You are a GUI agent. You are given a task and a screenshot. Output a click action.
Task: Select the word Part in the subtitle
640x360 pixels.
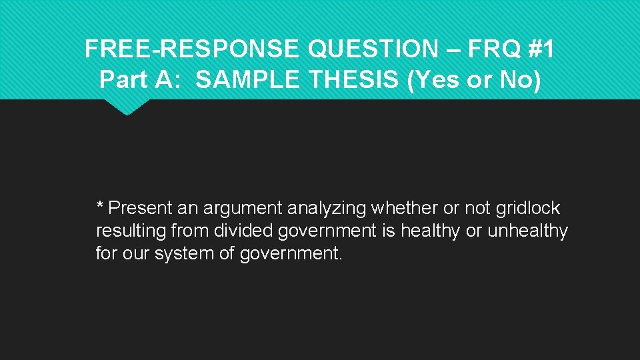pyautogui.click(x=121, y=80)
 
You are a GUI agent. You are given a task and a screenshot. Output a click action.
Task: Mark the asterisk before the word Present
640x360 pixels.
pyautogui.click(x=100, y=206)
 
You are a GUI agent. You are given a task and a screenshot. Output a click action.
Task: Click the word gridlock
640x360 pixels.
pyautogui.click(x=528, y=209)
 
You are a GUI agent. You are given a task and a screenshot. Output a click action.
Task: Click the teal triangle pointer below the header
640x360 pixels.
pyautogui.click(x=127, y=107)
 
